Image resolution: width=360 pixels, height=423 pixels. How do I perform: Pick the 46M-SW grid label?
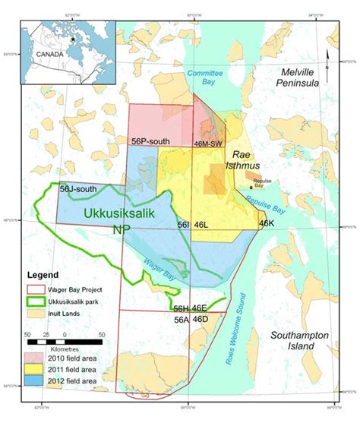(x=210, y=142)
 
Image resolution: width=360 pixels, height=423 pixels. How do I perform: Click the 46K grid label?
(x=266, y=224)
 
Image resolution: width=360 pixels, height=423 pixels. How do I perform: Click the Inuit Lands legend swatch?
(x=39, y=312)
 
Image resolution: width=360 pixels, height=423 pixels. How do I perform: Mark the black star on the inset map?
(x=73, y=38)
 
